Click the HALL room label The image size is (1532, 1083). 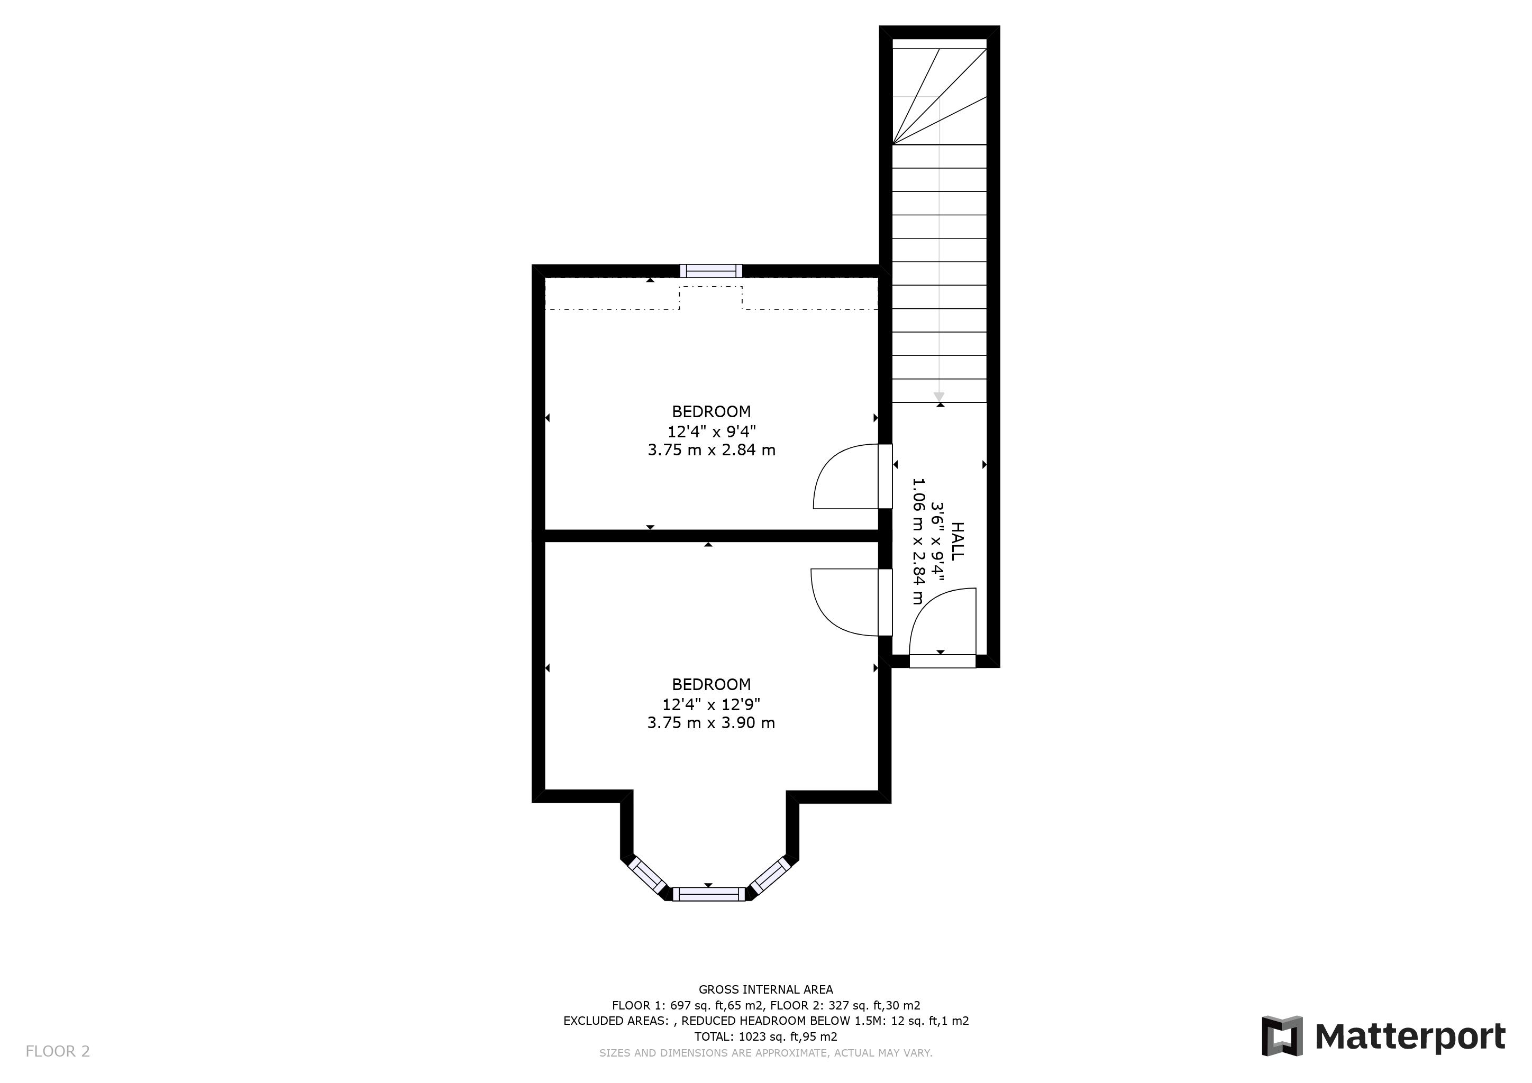pyautogui.click(x=957, y=541)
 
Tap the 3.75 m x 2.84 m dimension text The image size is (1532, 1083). pyautogui.click(x=712, y=450)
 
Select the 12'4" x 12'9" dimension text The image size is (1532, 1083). pyautogui.click(x=712, y=704)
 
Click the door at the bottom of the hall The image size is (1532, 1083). pyautogui.click(x=942, y=660)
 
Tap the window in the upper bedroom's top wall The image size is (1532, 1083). pyautogui.click(x=712, y=271)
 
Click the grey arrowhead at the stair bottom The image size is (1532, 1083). pyautogui.click(x=939, y=396)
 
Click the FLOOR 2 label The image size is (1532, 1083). pyautogui.click(x=57, y=1052)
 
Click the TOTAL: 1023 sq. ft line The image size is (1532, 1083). pyautogui.click(x=765, y=1037)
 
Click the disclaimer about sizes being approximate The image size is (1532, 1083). pyautogui.click(x=765, y=1053)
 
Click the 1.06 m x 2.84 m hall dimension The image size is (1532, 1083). pyautogui.click(x=919, y=541)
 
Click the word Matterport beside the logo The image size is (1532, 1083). pyautogui.click(x=1410, y=1037)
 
